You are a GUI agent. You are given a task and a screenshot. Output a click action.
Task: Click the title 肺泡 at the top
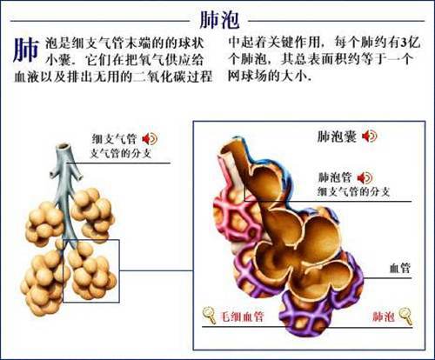pos(219,20)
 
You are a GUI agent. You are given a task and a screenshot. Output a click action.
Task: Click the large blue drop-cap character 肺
pos(26,50)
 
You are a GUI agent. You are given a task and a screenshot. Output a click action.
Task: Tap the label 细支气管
pos(114,139)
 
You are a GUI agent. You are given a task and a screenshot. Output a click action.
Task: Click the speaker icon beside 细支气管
pos(150,138)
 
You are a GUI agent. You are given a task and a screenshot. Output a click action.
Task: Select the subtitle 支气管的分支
pos(121,153)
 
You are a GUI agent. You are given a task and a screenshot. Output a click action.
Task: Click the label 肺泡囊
pos(337,137)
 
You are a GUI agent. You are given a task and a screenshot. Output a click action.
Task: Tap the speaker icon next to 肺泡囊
pos(370,136)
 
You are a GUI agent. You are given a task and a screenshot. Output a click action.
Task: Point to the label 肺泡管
pos(335,177)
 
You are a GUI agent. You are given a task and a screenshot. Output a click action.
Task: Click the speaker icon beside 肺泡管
pos(365,177)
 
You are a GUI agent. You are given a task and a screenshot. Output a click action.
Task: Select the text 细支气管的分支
pos(353,191)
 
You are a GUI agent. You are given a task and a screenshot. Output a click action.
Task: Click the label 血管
pos(400,268)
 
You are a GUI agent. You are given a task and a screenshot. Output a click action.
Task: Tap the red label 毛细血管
pos(243,317)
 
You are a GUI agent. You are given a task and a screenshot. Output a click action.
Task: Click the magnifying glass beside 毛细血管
pos(209,315)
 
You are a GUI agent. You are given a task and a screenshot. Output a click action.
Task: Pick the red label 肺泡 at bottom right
pos(384,317)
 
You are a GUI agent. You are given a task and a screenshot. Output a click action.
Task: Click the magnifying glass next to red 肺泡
pos(405,316)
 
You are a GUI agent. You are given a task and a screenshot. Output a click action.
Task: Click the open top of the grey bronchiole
pos(64,147)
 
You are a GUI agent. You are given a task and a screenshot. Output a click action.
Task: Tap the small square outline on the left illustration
pos(91,240)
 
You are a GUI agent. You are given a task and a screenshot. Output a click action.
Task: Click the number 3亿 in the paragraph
pos(411,43)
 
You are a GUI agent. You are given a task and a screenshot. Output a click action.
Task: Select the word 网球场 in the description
pos(248,76)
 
